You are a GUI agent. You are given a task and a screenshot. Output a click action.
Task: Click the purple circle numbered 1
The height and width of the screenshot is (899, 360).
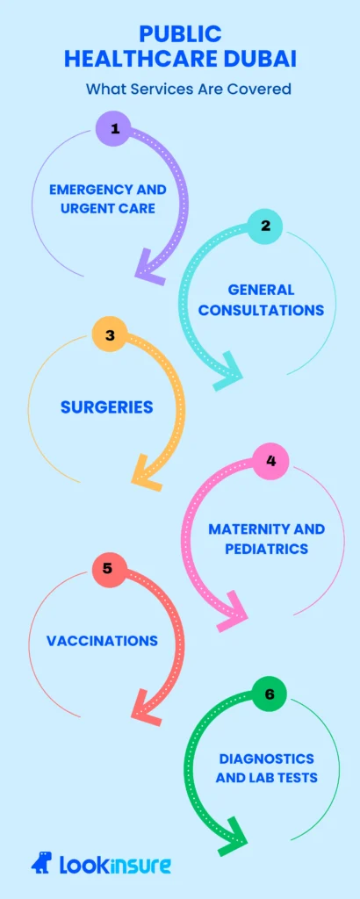pyautogui.click(x=115, y=130)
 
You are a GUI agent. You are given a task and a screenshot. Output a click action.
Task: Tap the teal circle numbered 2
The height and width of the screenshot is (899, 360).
pyautogui.click(x=264, y=226)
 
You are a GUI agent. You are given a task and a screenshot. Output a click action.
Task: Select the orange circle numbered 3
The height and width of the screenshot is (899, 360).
pyautogui.click(x=110, y=335)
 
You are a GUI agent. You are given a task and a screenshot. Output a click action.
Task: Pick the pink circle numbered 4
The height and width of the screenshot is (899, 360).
pyautogui.click(x=270, y=460)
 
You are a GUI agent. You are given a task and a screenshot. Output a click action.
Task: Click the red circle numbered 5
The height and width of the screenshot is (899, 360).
pyautogui.click(x=107, y=568)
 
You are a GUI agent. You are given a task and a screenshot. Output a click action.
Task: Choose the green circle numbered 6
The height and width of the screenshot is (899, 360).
pyautogui.click(x=269, y=694)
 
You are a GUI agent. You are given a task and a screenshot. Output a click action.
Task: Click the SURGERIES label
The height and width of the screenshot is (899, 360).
pyautogui.click(x=106, y=407)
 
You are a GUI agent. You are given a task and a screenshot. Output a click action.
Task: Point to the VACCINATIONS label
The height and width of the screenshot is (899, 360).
pyautogui.click(x=102, y=641)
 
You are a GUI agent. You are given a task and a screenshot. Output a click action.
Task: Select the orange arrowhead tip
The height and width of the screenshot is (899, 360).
pyautogui.click(x=133, y=479)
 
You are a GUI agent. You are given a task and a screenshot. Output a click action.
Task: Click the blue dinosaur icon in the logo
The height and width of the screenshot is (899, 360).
pyautogui.click(x=42, y=864)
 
